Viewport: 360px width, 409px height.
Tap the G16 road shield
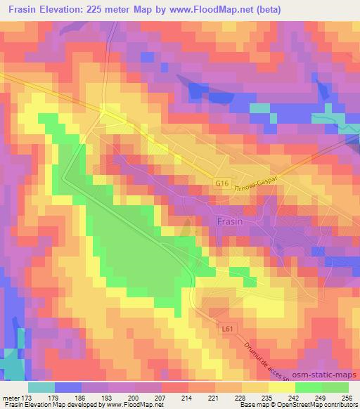[x=222, y=183]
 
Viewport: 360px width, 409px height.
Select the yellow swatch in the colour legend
[x=281, y=387]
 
